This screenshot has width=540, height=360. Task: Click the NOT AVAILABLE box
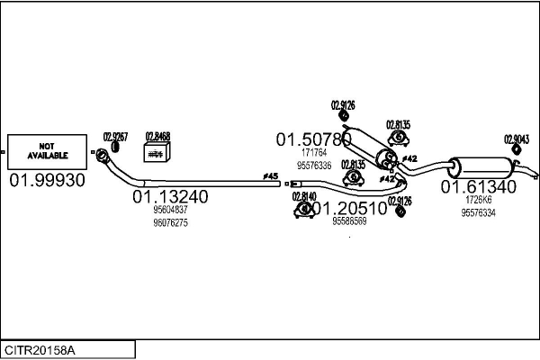click(48, 151)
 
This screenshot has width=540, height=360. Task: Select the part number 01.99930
click(47, 181)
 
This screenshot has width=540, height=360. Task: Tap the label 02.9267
click(116, 137)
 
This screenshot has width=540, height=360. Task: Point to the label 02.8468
click(157, 137)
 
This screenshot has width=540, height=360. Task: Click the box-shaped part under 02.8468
click(157, 154)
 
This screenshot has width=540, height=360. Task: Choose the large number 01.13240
click(171, 196)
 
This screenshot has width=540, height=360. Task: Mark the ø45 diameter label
click(269, 175)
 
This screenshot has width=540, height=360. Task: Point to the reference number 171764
click(313, 154)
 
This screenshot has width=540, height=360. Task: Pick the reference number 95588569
click(349, 220)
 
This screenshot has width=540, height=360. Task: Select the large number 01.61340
click(478, 187)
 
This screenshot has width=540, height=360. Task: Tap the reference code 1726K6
click(478, 201)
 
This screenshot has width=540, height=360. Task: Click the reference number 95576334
click(478, 212)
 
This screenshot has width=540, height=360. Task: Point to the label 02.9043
click(516, 139)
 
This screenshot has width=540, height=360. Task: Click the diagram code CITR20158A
click(40, 349)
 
